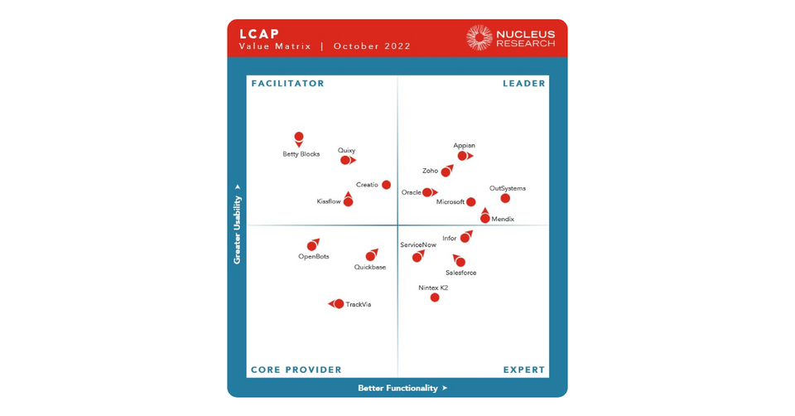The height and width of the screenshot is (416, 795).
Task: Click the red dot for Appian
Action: point(463,156)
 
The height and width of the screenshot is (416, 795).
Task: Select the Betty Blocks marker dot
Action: point(299,137)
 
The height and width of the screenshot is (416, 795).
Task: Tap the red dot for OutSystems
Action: point(505,198)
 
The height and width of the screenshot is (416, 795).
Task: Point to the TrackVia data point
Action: point(339,304)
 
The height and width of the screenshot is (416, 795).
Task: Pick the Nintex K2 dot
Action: point(435,297)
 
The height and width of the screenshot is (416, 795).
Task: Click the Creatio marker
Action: point(386,185)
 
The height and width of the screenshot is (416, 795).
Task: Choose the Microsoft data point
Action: point(471,202)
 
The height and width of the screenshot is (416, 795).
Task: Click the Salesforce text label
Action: point(460,273)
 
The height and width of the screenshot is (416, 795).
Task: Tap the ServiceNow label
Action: point(418,245)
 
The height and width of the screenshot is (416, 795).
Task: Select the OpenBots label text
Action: point(314,257)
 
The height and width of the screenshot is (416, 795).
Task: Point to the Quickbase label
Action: point(370,267)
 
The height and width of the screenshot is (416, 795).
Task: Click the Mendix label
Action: point(503,220)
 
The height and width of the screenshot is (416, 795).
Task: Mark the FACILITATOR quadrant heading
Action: point(288,84)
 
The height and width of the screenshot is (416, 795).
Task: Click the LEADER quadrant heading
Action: point(524,84)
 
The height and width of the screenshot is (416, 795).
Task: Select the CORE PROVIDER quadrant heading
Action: point(296,370)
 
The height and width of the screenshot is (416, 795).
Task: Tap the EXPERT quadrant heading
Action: point(524,370)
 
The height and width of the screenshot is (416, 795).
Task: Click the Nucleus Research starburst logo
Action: point(479,37)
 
